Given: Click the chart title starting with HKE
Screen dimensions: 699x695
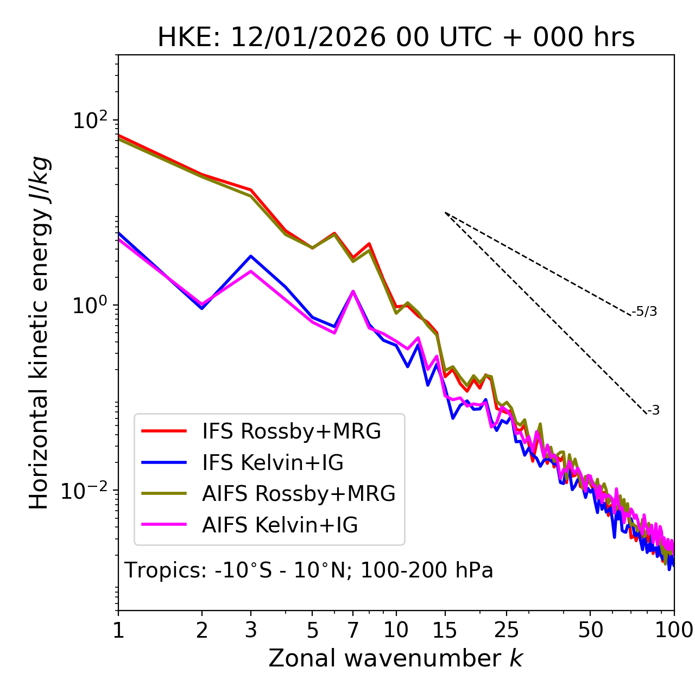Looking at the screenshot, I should [396, 38].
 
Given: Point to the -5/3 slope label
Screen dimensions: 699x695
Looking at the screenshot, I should [645, 312].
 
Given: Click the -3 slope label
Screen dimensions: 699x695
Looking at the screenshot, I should [653, 410].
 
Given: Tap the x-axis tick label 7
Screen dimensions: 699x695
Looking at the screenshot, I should [353, 630].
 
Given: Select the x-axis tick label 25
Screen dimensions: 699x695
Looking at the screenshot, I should [506, 630].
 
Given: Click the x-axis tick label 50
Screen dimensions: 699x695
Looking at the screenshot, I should [590, 630].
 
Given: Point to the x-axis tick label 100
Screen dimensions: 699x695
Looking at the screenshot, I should [674, 630].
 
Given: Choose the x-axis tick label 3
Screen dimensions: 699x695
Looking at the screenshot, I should [251, 630].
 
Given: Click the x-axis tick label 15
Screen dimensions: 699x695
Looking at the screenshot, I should [445, 630].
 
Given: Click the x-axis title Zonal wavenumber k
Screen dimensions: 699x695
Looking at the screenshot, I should [396, 658].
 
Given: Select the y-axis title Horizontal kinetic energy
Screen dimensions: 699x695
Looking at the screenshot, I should [39, 333].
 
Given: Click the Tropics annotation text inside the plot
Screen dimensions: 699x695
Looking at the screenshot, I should [309, 570].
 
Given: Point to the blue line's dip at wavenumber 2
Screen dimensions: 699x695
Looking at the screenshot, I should [202, 308].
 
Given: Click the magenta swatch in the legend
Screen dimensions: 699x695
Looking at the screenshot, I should [164, 525].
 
